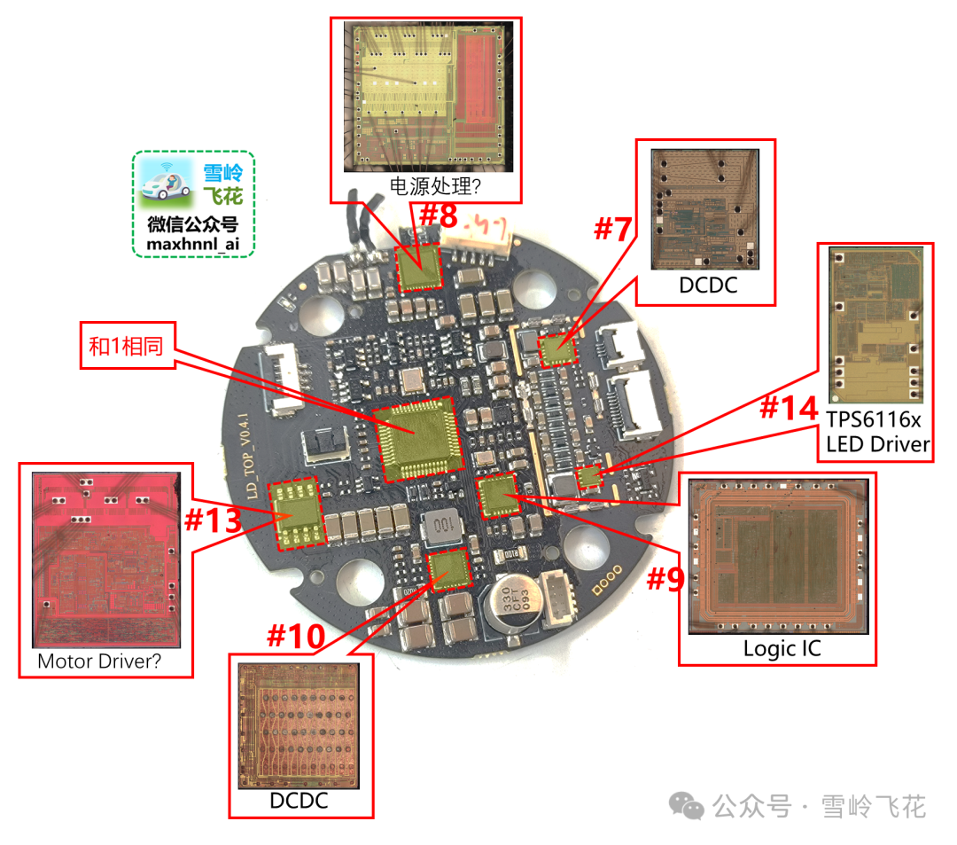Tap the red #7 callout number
612,229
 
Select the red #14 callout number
788,410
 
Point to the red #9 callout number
665,579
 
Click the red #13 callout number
213,520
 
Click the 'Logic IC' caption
782,648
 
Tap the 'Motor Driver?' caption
98,661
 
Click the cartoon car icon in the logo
166,184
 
